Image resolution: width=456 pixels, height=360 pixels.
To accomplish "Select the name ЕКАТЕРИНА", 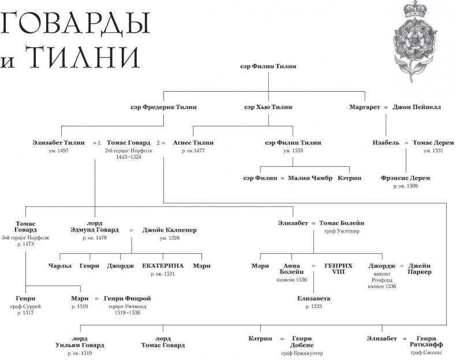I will (163, 266).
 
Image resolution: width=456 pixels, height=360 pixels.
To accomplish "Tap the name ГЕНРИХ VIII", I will (334, 269).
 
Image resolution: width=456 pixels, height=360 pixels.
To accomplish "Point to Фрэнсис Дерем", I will (405, 178).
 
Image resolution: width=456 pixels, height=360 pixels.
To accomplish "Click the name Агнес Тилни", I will (193, 142).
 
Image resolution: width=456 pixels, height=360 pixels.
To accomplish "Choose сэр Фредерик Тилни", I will (164, 107).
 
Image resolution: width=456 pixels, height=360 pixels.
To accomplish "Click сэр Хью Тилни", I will (268, 107).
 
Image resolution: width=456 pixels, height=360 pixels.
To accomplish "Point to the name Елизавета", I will (314, 299).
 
